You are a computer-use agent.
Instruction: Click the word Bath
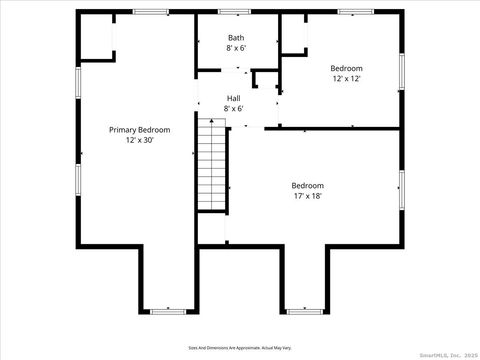[236, 37]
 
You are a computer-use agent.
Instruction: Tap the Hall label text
[233, 98]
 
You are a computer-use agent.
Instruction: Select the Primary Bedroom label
[140, 130]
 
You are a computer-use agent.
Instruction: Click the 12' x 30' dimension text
[140, 141]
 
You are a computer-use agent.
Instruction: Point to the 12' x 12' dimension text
[346, 78]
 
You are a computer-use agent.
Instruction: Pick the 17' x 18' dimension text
[307, 196]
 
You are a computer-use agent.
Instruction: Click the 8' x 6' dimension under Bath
[236, 48]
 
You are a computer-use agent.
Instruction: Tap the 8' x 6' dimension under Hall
[233, 108]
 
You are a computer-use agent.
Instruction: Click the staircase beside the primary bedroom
[212, 164]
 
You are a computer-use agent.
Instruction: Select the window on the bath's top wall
[235, 12]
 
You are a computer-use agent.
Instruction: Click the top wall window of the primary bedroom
[150, 12]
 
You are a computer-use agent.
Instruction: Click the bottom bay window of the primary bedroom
[167, 312]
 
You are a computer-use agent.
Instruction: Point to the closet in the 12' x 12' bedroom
[292, 36]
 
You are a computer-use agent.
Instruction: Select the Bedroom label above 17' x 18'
[307, 185]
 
